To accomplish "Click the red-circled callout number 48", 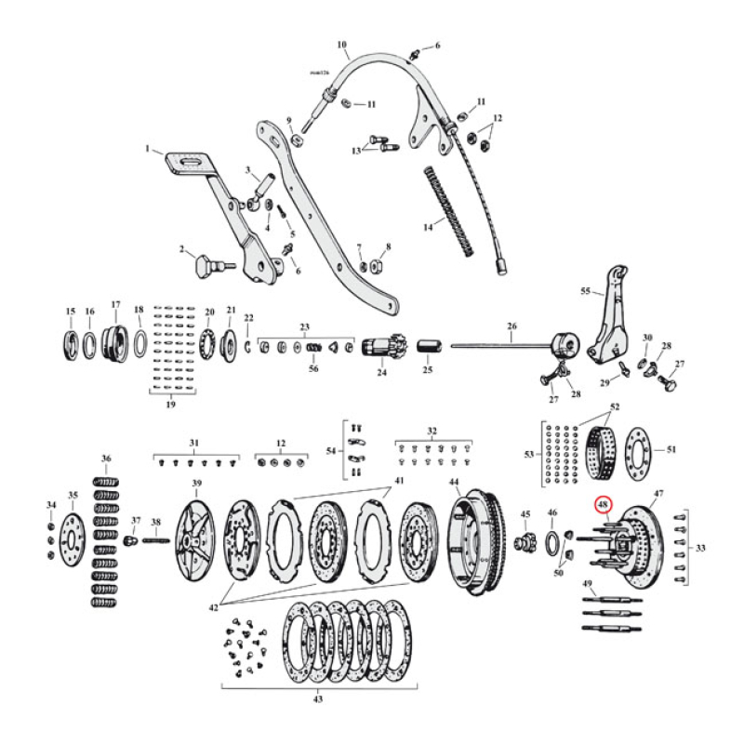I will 603,505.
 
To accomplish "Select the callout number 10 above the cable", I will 341,44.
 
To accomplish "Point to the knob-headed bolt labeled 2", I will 206,267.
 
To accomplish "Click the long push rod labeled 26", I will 502,346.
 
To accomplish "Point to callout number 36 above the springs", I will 106,458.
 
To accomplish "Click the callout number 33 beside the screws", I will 700,548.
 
